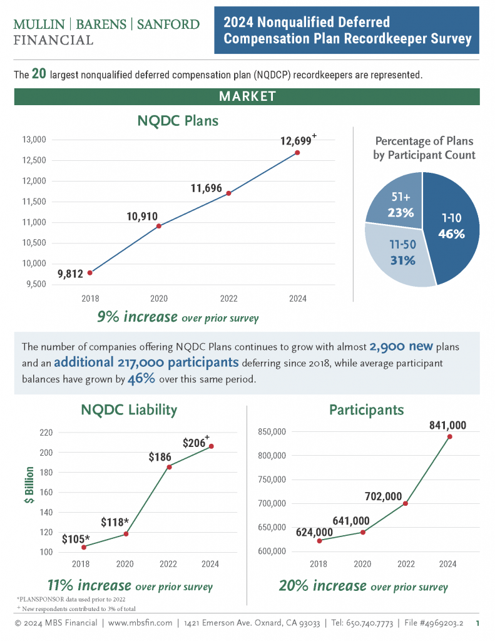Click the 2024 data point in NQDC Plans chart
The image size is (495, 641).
point(298,153)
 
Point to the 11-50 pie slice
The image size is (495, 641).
point(400,254)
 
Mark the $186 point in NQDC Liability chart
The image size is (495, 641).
point(169,466)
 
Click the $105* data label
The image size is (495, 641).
point(76,538)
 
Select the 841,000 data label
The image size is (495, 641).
point(447,425)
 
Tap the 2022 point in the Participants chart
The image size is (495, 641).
point(406,503)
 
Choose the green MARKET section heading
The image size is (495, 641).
point(247,96)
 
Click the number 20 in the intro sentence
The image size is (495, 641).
point(39,74)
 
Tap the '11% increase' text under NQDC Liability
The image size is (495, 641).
point(89,586)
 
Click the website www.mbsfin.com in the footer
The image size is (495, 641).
point(140,623)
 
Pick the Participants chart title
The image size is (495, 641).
point(366,410)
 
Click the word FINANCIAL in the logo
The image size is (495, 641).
point(53,39)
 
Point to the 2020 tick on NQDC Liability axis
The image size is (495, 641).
point(125,564)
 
